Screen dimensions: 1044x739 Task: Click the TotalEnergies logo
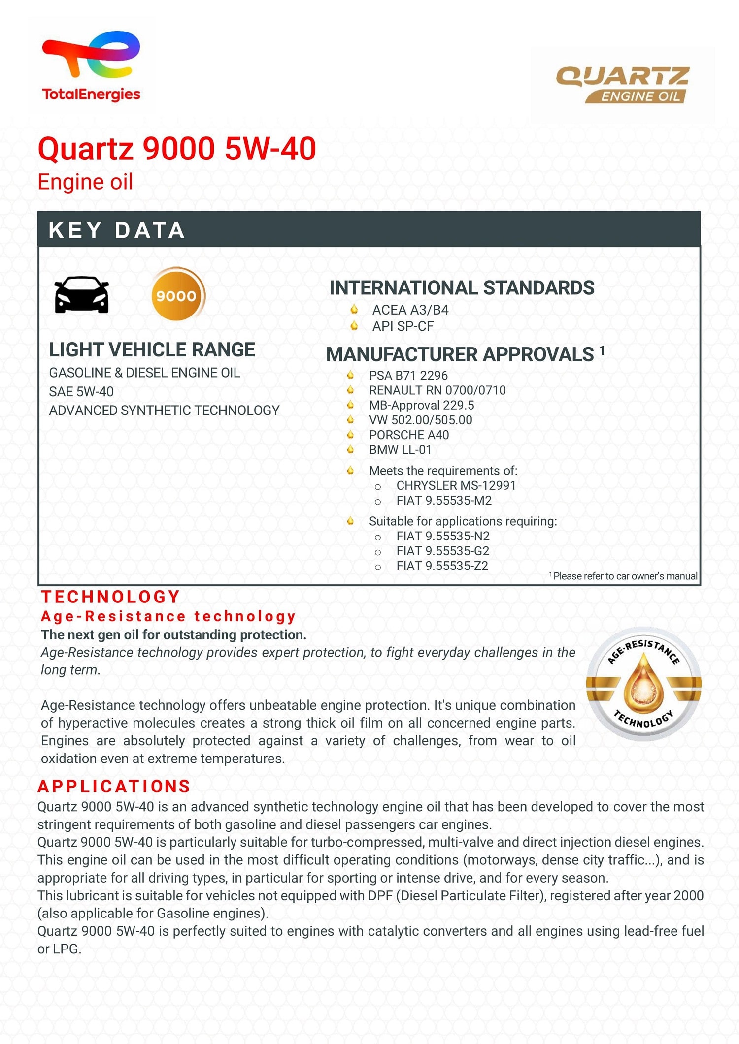(91, 66)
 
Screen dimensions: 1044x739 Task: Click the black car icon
(82, 295)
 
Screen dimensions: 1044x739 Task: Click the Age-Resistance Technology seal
(643, 684)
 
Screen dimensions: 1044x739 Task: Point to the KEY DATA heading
(117, 230)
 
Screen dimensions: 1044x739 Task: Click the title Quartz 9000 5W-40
(177, 149)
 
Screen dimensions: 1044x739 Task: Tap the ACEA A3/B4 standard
(410, 310)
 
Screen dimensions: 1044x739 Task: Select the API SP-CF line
(403, 326)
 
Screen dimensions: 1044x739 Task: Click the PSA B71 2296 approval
(408, 375)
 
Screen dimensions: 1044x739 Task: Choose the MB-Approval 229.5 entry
(421, 405)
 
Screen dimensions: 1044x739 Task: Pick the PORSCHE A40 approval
(408, 435)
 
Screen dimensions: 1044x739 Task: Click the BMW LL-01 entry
(400, 449)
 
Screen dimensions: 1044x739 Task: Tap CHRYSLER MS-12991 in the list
(456, 485)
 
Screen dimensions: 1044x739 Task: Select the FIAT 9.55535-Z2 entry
(442, 566)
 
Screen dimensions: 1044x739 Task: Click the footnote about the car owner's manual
(624, 576)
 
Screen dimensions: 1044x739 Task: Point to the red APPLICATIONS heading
(114, 786)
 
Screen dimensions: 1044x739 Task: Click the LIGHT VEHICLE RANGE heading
(152, 349)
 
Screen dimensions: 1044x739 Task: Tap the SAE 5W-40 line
(81, 391)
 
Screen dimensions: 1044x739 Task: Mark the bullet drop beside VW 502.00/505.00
(350, 420)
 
